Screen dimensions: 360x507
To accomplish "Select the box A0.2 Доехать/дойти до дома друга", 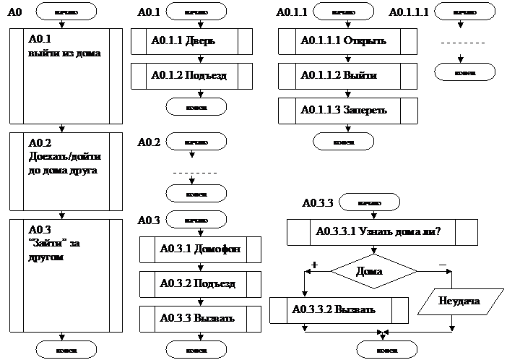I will click(x=66, y=171).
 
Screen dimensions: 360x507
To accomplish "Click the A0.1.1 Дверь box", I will click(x=191, y=41).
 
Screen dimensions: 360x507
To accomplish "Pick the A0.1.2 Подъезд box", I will click(x=191, y=75).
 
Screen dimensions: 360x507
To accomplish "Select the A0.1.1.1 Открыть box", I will click(x=347, y=41).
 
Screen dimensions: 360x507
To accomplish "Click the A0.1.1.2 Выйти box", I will click(x=347, y=75).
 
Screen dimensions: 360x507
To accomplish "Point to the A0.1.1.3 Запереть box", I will click(x=347, y=110).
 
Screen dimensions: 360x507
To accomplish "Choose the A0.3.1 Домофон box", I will click(x=199, y=249).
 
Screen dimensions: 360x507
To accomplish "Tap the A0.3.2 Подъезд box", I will click(x=199, y=283).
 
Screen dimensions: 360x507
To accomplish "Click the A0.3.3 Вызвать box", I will click(x=199, y=318).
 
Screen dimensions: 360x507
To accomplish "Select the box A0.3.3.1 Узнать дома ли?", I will click(x=382, y=233).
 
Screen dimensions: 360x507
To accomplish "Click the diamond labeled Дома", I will click(x=374, y=272).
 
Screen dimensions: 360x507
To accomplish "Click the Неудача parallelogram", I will click(x=459, y=300).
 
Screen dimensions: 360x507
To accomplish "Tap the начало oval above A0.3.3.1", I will click(x=369, y=202).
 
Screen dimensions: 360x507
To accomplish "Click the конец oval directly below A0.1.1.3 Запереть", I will click(x=343, y=142).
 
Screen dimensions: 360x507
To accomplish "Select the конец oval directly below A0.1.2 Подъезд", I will click(x=196, y=106).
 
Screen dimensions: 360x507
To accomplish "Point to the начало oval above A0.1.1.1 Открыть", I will click(x=343, y=12).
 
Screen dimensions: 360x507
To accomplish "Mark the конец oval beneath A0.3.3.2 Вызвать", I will click(x=370, y=350).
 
